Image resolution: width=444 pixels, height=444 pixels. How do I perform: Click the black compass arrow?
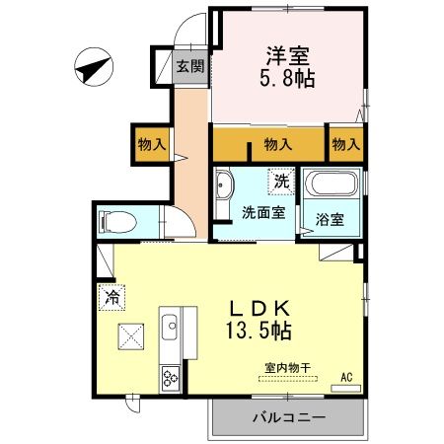coord(93,69)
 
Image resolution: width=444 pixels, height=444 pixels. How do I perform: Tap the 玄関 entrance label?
coord(190,67)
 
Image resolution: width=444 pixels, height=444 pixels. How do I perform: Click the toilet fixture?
coord(116,221)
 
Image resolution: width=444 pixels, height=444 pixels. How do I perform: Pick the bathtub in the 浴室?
coord(333,185)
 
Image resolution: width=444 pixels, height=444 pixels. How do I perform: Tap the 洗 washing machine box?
coord(281,182)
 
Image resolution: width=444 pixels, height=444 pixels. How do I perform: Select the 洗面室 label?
coord(263,211)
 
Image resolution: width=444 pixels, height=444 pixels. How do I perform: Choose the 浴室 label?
coord(331,219)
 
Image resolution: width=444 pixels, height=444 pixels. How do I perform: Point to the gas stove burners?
coord(169,378)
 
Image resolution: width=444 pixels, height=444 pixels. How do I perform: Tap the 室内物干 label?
coord(286,367)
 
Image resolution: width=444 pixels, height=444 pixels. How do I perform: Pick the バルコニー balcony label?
coord(287,417)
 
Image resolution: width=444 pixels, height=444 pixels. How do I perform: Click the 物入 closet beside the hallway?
coord(151,145)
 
